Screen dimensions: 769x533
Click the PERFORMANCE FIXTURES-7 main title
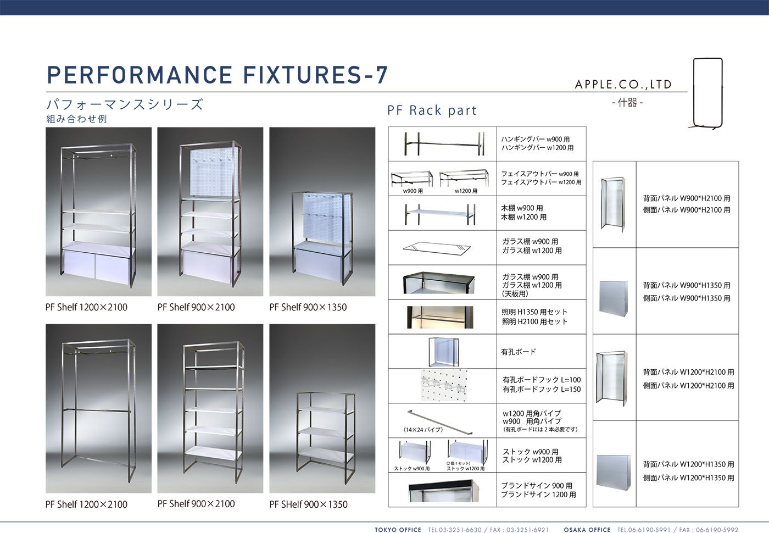[x=218, y=75]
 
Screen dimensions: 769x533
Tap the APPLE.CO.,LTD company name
[x=623, y=85]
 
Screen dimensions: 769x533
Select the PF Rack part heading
[x=432, y=110]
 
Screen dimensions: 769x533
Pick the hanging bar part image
[x=444, y=144]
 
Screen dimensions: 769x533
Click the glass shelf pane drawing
[x=437, y=248]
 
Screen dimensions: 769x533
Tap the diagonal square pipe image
[x=440, y=422]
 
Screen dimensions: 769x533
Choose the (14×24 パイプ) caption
[x=423, y=430]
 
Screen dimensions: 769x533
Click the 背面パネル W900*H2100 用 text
[x=687, y=198]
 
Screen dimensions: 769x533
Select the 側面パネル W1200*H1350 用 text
[x=688, y=478]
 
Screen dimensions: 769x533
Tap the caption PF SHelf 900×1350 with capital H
[x=308, y=504]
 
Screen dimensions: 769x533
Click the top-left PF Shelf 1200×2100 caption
[x=86, y=307]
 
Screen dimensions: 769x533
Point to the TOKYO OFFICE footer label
[x=398, y=530]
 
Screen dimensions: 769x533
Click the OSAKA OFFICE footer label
[x=587, y=530]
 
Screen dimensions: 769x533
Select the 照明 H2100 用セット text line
[x=534, y=322]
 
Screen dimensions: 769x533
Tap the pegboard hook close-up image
[x=444, y=385]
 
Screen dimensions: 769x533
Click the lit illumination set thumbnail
[x=440, y=317]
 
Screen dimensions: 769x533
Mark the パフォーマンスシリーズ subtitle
[x=125, y=104]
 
